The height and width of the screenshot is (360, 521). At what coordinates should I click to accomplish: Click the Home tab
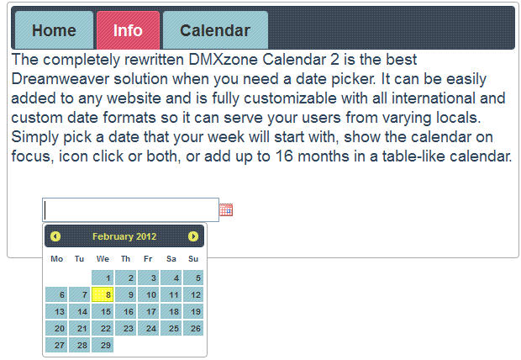54,30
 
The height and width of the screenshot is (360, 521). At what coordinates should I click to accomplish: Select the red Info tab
128,30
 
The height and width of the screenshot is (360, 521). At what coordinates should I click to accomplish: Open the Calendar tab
215,30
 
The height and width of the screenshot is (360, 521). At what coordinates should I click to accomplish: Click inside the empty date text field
130,210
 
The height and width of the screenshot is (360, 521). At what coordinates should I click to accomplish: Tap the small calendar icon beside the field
226,210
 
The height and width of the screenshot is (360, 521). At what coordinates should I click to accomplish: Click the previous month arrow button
55,236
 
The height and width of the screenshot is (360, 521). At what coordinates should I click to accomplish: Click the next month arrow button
193,236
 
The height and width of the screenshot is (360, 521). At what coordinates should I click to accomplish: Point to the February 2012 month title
124,236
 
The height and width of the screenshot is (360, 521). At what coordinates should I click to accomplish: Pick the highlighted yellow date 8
103,294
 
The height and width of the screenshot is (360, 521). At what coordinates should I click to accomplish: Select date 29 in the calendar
103,345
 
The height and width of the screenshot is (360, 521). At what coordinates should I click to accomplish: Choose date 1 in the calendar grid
103,278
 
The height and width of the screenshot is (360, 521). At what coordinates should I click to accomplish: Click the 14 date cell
80,312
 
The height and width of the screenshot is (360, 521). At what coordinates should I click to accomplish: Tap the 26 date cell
193,328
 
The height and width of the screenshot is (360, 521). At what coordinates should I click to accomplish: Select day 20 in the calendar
56,328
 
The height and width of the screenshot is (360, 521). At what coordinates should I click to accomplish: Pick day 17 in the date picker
149,312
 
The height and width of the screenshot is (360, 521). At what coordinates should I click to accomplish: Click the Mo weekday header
57,259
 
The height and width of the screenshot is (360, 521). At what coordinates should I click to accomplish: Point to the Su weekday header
193,259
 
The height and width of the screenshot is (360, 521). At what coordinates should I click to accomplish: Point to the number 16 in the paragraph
284,156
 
